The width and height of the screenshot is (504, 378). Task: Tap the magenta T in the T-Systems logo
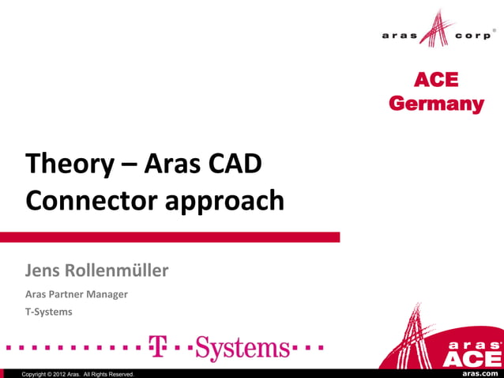158,346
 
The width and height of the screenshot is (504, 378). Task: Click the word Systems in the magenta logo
242,347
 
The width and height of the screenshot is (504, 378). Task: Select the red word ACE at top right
436,81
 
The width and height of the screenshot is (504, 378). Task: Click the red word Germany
436,104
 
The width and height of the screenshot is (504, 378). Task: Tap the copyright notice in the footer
78,373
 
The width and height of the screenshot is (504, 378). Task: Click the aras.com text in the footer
480,372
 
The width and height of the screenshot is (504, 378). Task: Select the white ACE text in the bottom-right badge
471,358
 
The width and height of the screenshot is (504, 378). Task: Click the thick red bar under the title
170,236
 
